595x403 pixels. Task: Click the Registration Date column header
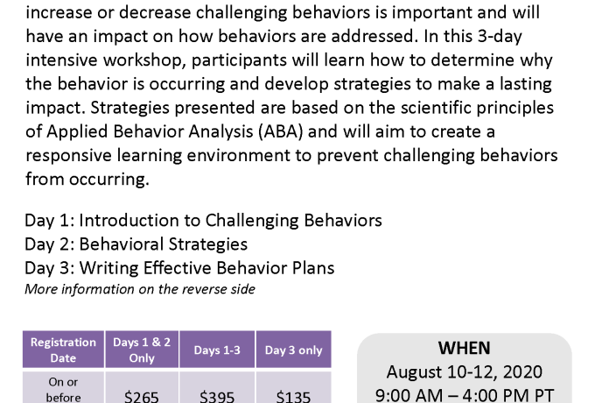[63, 350]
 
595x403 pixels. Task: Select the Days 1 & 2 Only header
[142, 350]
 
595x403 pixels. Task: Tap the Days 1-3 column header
[217, 350]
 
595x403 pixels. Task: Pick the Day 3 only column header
[293, 350]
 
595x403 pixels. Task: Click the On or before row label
[63, 389]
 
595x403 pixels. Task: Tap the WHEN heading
[464, 348]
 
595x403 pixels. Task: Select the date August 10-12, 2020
[464, 371]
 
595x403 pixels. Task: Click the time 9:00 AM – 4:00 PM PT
[464, 395]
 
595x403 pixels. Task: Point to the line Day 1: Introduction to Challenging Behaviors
[203, 221]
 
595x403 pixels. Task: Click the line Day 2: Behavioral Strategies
[136, 244]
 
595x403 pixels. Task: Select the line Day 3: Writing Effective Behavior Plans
[179, 268]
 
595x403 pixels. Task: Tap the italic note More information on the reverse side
[140, 289]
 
